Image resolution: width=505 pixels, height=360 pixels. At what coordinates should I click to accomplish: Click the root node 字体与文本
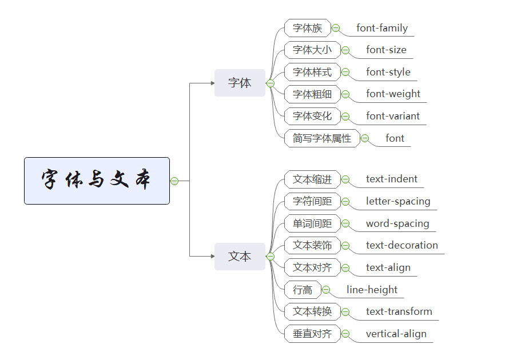pos(97,181)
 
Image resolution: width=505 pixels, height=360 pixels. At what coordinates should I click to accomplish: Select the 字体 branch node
pos(240,83)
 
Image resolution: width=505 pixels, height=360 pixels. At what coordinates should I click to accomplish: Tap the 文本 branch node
pos(240,257)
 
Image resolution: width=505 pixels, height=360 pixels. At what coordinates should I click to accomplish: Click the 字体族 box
pos(308,28)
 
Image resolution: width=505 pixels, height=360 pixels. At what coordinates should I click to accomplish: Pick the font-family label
pos(382,28)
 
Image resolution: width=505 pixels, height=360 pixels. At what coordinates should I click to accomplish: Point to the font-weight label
pos(393,94)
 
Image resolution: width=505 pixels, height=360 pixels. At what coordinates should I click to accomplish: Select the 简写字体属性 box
pos(322,138)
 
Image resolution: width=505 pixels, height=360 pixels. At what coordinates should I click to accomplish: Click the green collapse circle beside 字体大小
pos(345,50)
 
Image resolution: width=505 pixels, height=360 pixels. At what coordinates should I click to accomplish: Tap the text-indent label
pos(392,179)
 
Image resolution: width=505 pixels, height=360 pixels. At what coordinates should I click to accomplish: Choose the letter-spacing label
pos(398,201)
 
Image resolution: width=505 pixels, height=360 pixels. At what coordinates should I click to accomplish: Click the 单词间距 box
pos(312,223)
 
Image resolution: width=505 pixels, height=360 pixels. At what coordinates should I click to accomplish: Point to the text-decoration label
pos(402,245)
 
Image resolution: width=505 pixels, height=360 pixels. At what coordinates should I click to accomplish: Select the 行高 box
pos(303,290)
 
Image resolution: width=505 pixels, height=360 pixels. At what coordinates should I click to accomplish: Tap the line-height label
pos(372,290)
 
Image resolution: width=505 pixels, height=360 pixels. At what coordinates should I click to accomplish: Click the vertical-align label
pos(396,334)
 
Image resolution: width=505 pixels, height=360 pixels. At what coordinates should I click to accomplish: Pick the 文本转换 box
pos(312,312)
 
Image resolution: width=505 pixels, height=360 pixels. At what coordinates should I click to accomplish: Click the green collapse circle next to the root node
pos(174,181)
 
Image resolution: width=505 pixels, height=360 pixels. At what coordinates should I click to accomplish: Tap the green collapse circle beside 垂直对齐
pos(345,334)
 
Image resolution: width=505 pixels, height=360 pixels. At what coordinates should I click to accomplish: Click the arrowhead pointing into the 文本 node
pos(213,257)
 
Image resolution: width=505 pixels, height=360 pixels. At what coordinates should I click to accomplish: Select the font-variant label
pos(393,116)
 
